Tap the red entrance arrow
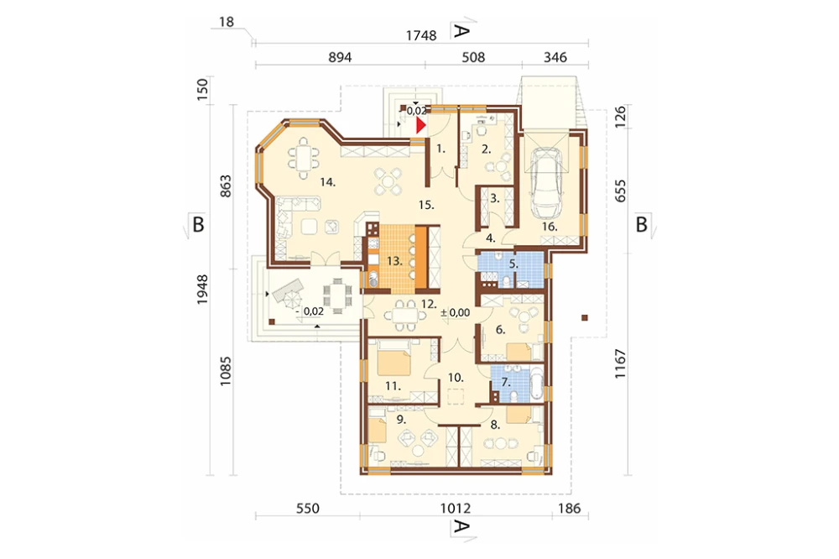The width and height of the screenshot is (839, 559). (x=421, y=125)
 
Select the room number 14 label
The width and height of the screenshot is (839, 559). (x=327, y=182)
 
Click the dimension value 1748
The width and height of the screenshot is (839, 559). (x=421, y=35)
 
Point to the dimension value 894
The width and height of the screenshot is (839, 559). (x=340, y=57)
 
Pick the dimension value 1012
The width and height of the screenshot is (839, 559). (x=456, y=508)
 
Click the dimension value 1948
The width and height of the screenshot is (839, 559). (x=201, y=290)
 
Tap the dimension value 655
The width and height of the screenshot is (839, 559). (x=620, y=191)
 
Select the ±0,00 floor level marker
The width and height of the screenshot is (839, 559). (x=456, y=313)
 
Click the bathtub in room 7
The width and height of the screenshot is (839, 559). (x=537, y=384)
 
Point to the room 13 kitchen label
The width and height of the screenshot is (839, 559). (x=394, y=261)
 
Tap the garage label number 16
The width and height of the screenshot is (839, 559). (x=549, y=227)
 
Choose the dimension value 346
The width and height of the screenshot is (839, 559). (x=555, y=57)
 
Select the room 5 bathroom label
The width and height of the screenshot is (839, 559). (x=513, y=264)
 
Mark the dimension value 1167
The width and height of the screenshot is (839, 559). (x=620, y=364)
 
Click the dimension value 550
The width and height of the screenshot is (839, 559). (x=308, y=508)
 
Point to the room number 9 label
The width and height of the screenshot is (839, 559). (x=401, y=420)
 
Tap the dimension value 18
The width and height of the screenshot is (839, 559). (x=227, y=22)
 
